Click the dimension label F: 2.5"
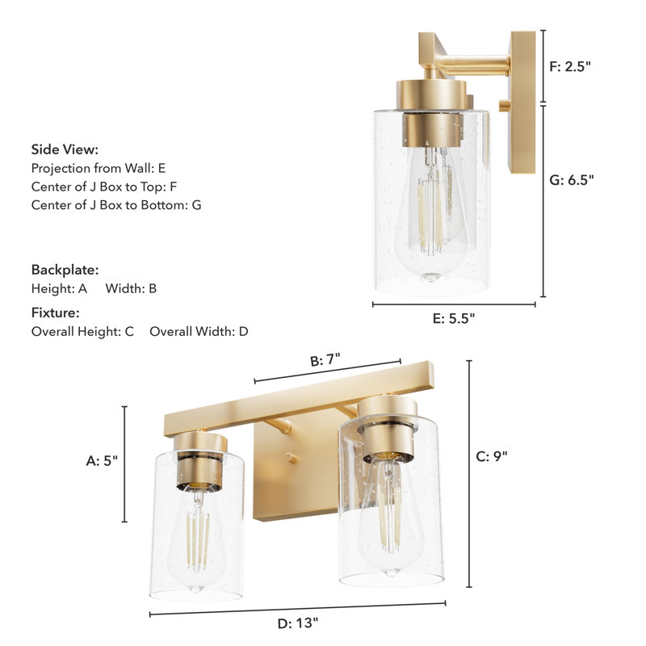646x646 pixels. pyautogui.click(x=570, y=66)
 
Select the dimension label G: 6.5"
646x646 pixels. pyautogui.click(x=572, y=181)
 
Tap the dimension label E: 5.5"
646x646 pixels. pyautogui.click(x=454, y=318)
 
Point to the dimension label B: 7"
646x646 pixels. pyautogui.click(x=329, y=361)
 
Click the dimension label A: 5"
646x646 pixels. pyautogui.click(x=103, y=461)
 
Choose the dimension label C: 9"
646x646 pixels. pyautogui.click(x=492, y=456)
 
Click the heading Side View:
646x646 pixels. pyautogui.click(x=65, y=149)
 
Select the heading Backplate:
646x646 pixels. pyautogui.click(x=65, y=270)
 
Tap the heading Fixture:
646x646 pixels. pyautogui.click(x=56, y=313)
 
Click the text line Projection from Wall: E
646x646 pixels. pyautogui.click(x=98, y=168)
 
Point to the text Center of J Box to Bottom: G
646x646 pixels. pyautogui.click(x=116, y=205)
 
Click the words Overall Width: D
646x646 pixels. pyautogui.click(x=199, y=331)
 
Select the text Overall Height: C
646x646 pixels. pyautogui.click(x=82, y=331)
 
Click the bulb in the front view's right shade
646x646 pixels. pyautogui.click(x=389, y=517)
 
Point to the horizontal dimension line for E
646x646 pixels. pyautogui.click(x=454, y=304)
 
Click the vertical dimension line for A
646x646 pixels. pyautogui.click(x=125, y=464)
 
